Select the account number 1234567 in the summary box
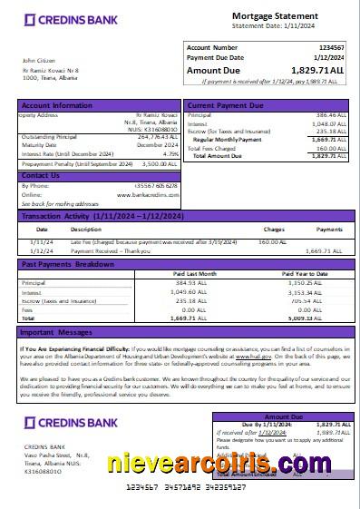click(331, 46)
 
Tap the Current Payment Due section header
click(225, 106)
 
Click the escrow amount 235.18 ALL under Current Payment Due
click(330, 132)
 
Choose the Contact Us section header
click(41, 175)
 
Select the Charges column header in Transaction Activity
click(274, 229)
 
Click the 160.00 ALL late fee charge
click(272, 242)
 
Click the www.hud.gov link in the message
click(238, 358)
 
